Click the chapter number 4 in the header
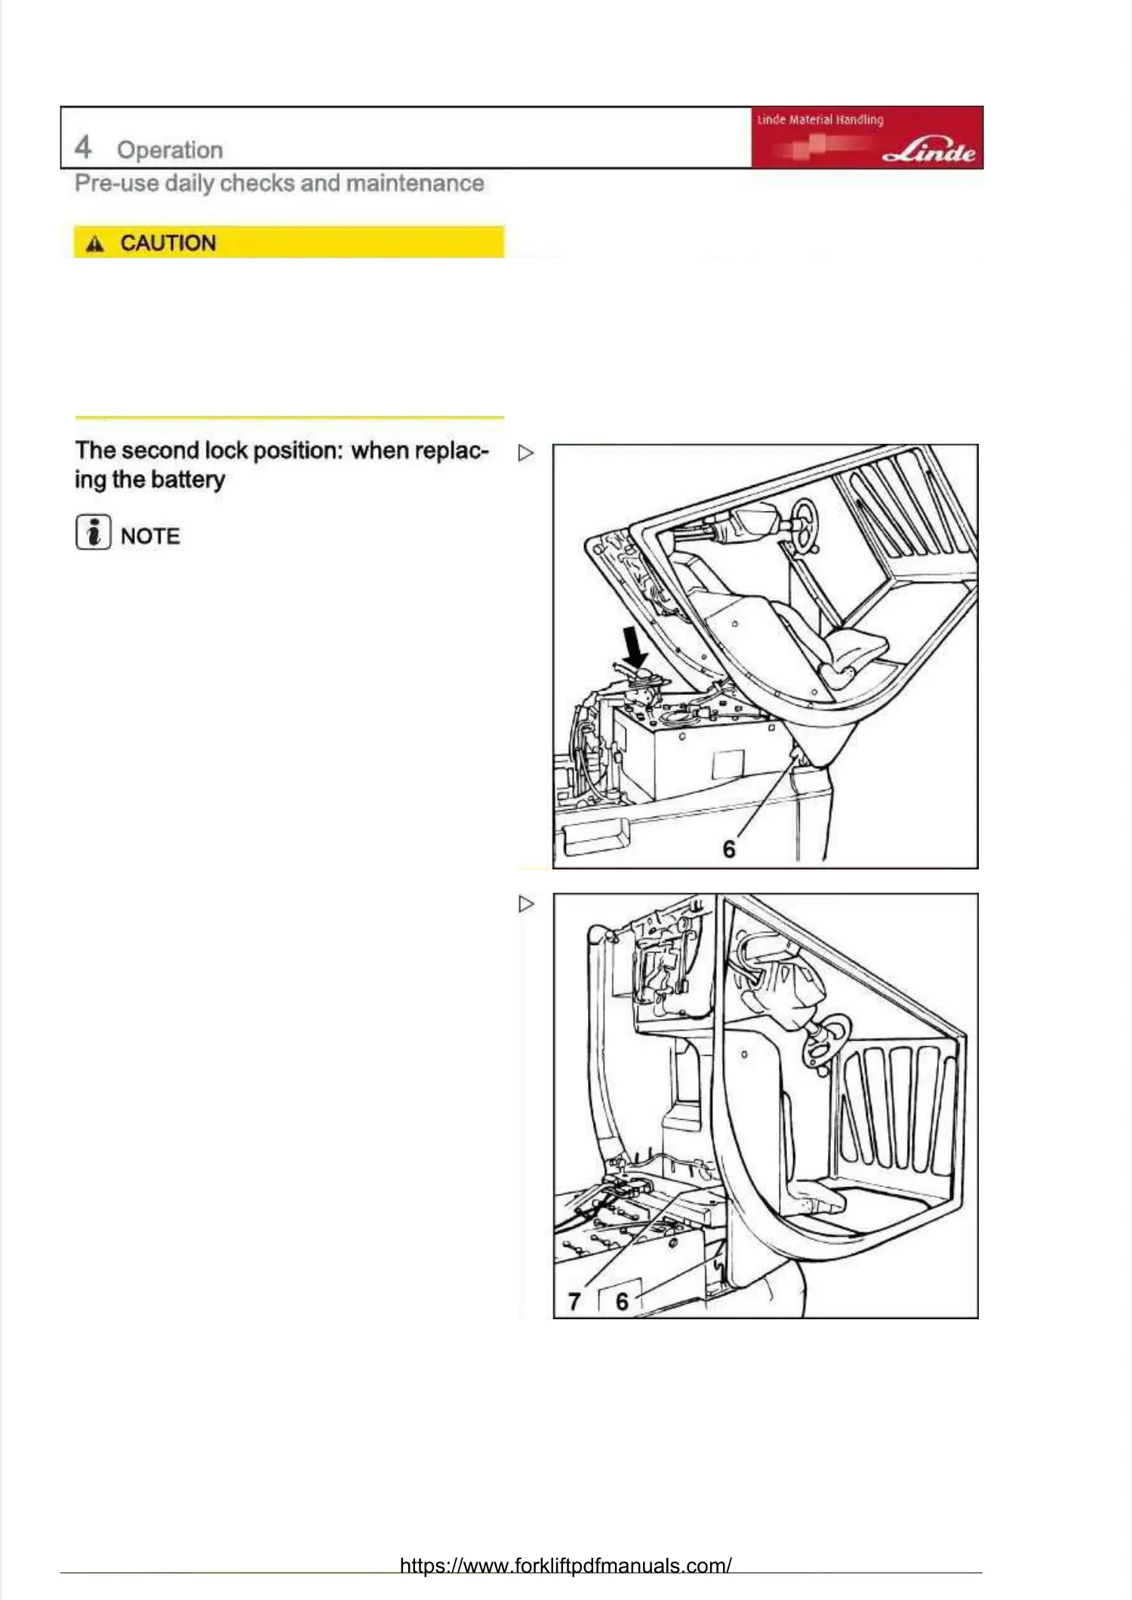[x=83, y=147]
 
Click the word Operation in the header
[x=170, y=150]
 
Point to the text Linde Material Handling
[x=820, y=120]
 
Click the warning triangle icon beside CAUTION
[x=95, y=244]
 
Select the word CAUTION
[x=168, y=243]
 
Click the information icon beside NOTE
[x=93, y=532]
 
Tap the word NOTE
[x=150, y=537]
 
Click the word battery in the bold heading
[x=188, y=480]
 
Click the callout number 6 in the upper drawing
[x=729, y=850]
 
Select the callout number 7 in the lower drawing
[x=574, y=1302]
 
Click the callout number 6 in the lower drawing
[x=622, y=1302]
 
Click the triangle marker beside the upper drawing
[x=526, y=453]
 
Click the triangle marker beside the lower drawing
[x=526, y=903]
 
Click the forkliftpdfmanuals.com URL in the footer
[x=565, y=1566]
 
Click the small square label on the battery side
[x=727, y=765]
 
